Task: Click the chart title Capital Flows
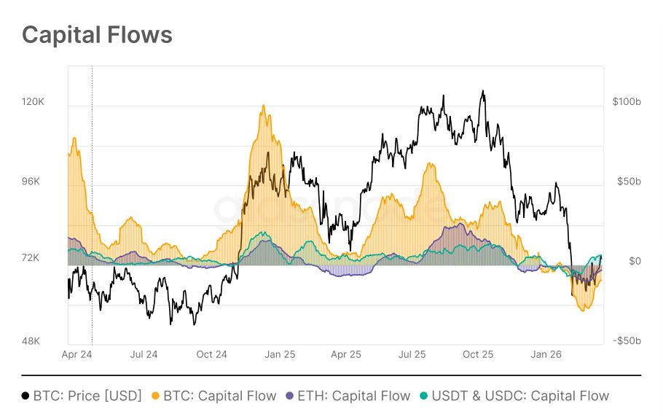tap(97, 34)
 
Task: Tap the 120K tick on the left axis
tap(33, 102)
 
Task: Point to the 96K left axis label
tap(33, 182)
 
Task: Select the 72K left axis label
tap(33, 258)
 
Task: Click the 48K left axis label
tap(33, 341)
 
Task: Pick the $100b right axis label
tap(627, 102)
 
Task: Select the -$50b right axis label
tap(627, 341)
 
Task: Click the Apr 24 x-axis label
tap(76, 355)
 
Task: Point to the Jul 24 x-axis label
tap(144, 355)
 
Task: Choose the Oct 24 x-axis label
tap(211, 355)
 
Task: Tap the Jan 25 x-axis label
tap(279, 355)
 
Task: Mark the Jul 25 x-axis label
tap(412, 355)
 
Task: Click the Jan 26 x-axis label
tap(546, 355)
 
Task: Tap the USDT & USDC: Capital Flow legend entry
tap(520, 396)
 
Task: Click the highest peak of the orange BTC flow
tap(263, 106)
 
